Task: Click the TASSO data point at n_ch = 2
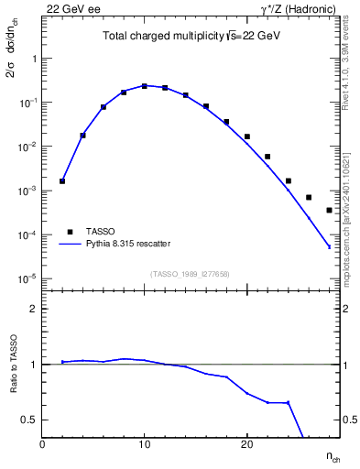62,181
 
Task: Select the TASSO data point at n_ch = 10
145,86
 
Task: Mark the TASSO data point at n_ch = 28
329,210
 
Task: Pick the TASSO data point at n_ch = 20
247,136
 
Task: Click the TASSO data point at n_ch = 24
288,180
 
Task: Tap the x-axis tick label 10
145,444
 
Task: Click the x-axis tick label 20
246,444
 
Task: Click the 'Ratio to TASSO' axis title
15,364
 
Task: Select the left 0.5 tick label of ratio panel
31,420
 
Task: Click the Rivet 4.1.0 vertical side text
351,73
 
